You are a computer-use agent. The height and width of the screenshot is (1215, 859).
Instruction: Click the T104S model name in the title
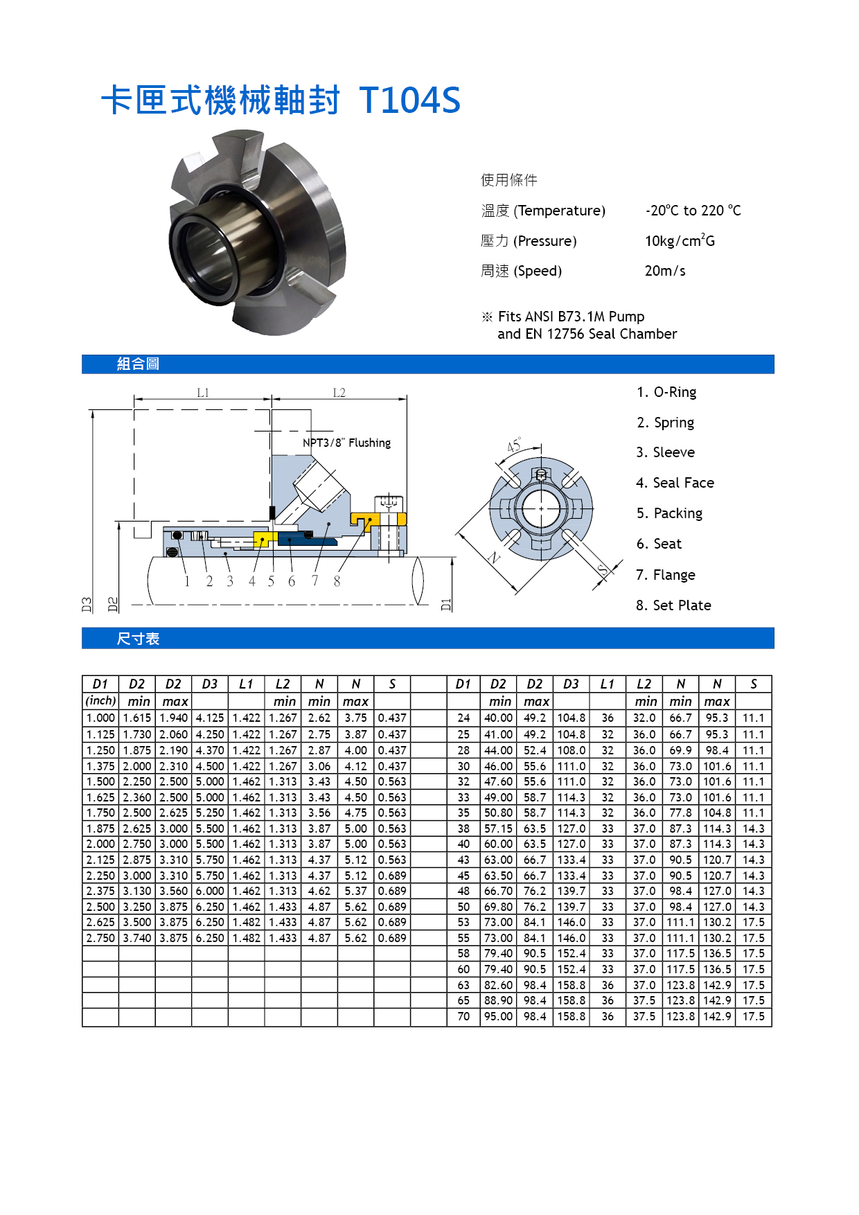point(410,100)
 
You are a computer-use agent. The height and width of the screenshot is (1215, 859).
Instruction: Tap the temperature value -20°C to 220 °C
point(693,210)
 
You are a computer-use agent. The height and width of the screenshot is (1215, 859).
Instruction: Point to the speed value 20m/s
point(665,271)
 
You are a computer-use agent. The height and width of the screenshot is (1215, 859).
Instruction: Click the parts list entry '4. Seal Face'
point(675,483)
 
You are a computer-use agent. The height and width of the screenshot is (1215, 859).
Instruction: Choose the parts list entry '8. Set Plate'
point(673,605)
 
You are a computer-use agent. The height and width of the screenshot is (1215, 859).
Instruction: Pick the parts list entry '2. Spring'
point(665,423)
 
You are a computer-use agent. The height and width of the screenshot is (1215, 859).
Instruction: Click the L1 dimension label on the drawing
point(203,393)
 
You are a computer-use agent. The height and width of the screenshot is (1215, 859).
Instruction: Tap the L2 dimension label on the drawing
point(339,393)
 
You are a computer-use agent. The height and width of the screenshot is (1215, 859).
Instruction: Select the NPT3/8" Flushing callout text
point(346,443)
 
